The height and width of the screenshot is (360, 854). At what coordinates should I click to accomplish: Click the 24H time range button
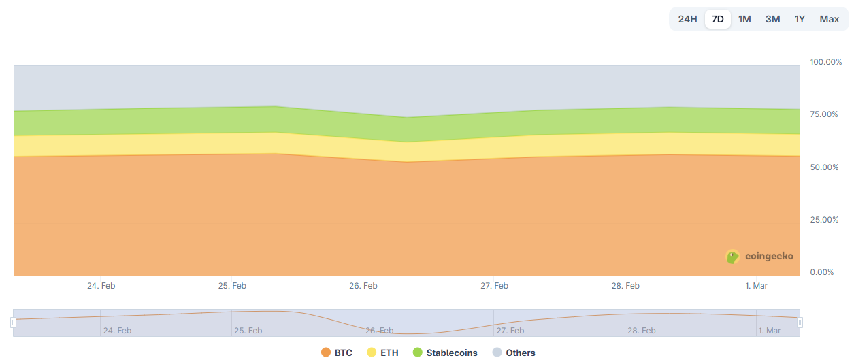687,19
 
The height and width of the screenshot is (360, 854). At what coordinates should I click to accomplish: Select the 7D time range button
717,19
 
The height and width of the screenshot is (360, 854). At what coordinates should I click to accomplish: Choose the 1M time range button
744,19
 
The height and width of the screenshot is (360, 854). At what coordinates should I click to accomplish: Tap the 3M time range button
772,19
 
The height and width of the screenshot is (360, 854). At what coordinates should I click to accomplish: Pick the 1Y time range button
800,19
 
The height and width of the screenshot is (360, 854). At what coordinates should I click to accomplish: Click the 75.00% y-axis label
824,114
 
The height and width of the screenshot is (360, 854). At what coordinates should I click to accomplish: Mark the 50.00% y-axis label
824,167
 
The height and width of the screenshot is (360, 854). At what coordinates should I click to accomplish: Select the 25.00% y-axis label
824,220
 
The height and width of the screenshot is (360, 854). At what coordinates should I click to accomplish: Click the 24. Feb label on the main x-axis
101,286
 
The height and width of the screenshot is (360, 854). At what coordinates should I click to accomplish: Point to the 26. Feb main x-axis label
363,286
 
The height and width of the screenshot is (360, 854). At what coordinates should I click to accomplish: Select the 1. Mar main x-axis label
756,286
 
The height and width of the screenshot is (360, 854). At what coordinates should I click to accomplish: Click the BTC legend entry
337,353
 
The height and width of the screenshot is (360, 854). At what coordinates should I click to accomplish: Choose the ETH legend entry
383,353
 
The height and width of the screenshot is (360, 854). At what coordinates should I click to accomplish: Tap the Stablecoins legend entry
445,353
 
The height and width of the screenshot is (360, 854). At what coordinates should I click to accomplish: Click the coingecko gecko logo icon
733,257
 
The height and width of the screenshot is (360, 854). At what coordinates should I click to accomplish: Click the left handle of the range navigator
13,323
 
